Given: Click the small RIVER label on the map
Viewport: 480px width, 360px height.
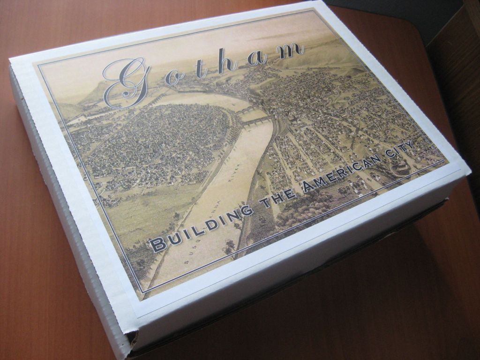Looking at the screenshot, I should (x=234, y=173).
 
